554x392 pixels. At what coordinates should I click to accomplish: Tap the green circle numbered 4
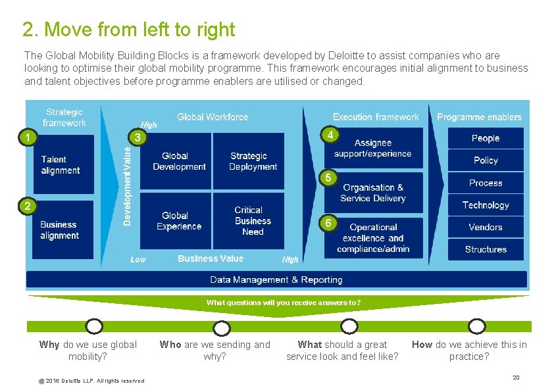[332, 135]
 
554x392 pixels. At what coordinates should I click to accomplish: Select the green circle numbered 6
[327, 223]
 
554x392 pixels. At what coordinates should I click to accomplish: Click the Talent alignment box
[61, 164]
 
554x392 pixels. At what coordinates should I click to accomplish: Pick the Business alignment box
[59, 230]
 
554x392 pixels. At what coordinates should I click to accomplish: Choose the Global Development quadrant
[176, 161]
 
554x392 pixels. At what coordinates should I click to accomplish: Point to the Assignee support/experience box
[373, 148]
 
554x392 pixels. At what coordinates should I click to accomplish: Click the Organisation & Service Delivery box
[373, 193]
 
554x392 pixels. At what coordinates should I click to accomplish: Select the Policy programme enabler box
[486, 160]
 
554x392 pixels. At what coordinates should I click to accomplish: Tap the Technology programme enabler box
[486, 205]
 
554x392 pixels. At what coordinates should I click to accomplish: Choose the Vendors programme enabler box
[486, 228]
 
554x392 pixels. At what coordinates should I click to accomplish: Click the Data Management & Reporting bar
[276, 280]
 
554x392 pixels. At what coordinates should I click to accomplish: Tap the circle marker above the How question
[476, 326]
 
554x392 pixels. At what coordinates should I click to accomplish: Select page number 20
[516, 377]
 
